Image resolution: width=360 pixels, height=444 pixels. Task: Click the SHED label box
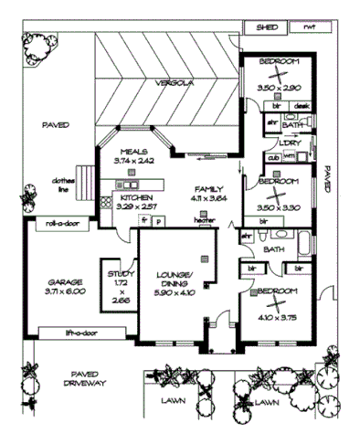(x=266, y=28)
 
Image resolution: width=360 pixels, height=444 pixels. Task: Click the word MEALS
(x=133, y=151)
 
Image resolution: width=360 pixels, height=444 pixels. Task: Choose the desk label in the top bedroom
(x=302, y=106)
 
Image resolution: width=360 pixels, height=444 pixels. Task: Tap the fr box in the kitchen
(x=143, y=220)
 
